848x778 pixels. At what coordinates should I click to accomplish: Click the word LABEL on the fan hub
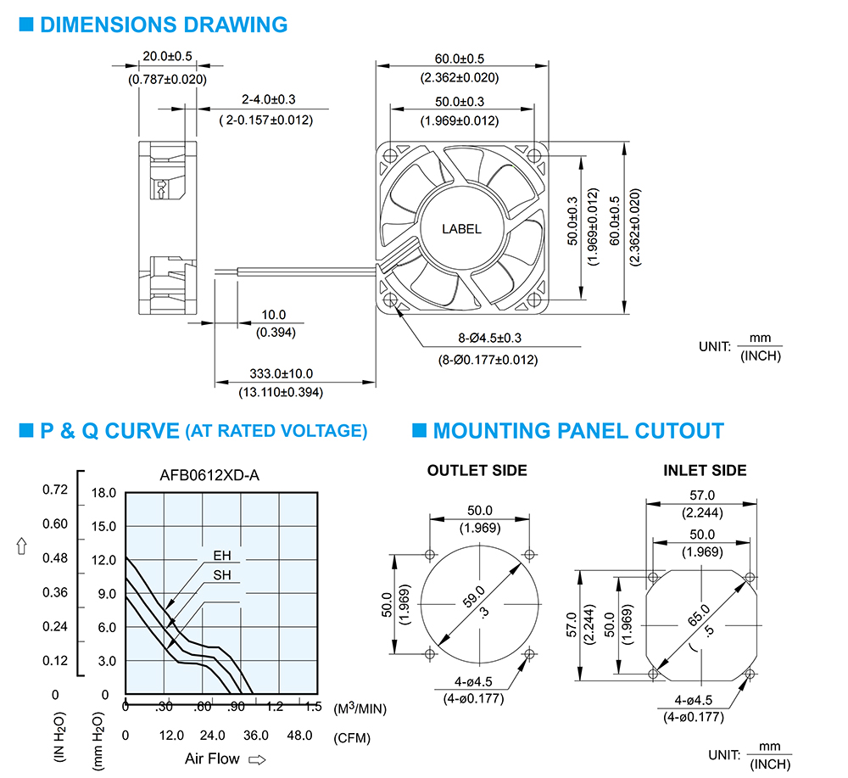(461, 229)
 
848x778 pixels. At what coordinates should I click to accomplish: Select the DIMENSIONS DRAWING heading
(164, 25)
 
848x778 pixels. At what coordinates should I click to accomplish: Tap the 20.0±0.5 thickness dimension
(167, 56)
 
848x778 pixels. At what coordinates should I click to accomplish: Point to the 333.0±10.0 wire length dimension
(281, 373)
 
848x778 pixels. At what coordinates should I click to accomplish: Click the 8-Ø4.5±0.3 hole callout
(489, 339)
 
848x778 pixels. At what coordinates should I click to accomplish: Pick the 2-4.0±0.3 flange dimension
(268, 99)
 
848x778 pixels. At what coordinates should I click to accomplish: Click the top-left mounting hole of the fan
(390, 156)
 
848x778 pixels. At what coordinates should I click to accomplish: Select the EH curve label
(221, 556)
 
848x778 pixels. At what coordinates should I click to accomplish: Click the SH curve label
(221, 575)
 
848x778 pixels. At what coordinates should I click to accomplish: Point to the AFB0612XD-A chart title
(209, 475)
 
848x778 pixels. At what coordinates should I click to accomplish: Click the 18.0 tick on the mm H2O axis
(103, 492)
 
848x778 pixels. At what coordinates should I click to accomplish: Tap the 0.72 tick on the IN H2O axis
(55, 490)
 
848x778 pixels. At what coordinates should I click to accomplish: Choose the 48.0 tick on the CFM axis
(299, 736)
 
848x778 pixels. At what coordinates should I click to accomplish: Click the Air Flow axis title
(212, 758)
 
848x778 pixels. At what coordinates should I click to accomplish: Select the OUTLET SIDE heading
(477, 471)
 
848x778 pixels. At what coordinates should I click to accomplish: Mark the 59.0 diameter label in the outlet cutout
(473, 596)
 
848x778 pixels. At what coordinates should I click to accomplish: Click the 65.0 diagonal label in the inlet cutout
(699, 615)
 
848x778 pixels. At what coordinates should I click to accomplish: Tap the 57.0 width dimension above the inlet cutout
(702, 495)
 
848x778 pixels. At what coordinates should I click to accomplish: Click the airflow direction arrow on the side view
(160, 189)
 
